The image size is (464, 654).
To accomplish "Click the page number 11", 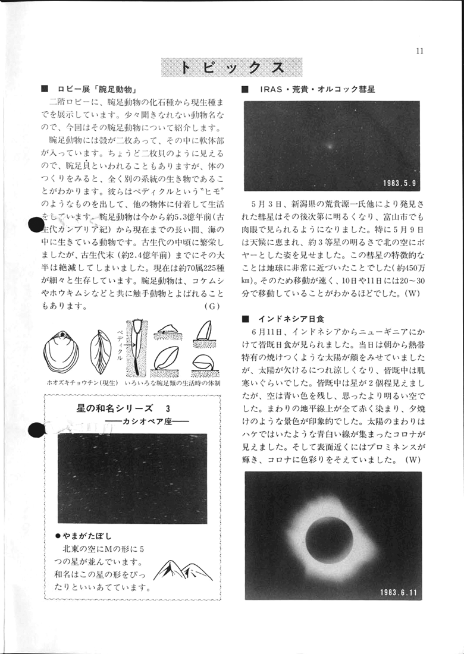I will pos(419,51).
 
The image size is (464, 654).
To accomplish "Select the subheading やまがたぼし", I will pos(86,535).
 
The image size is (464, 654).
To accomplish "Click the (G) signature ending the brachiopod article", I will pos(212,307).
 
